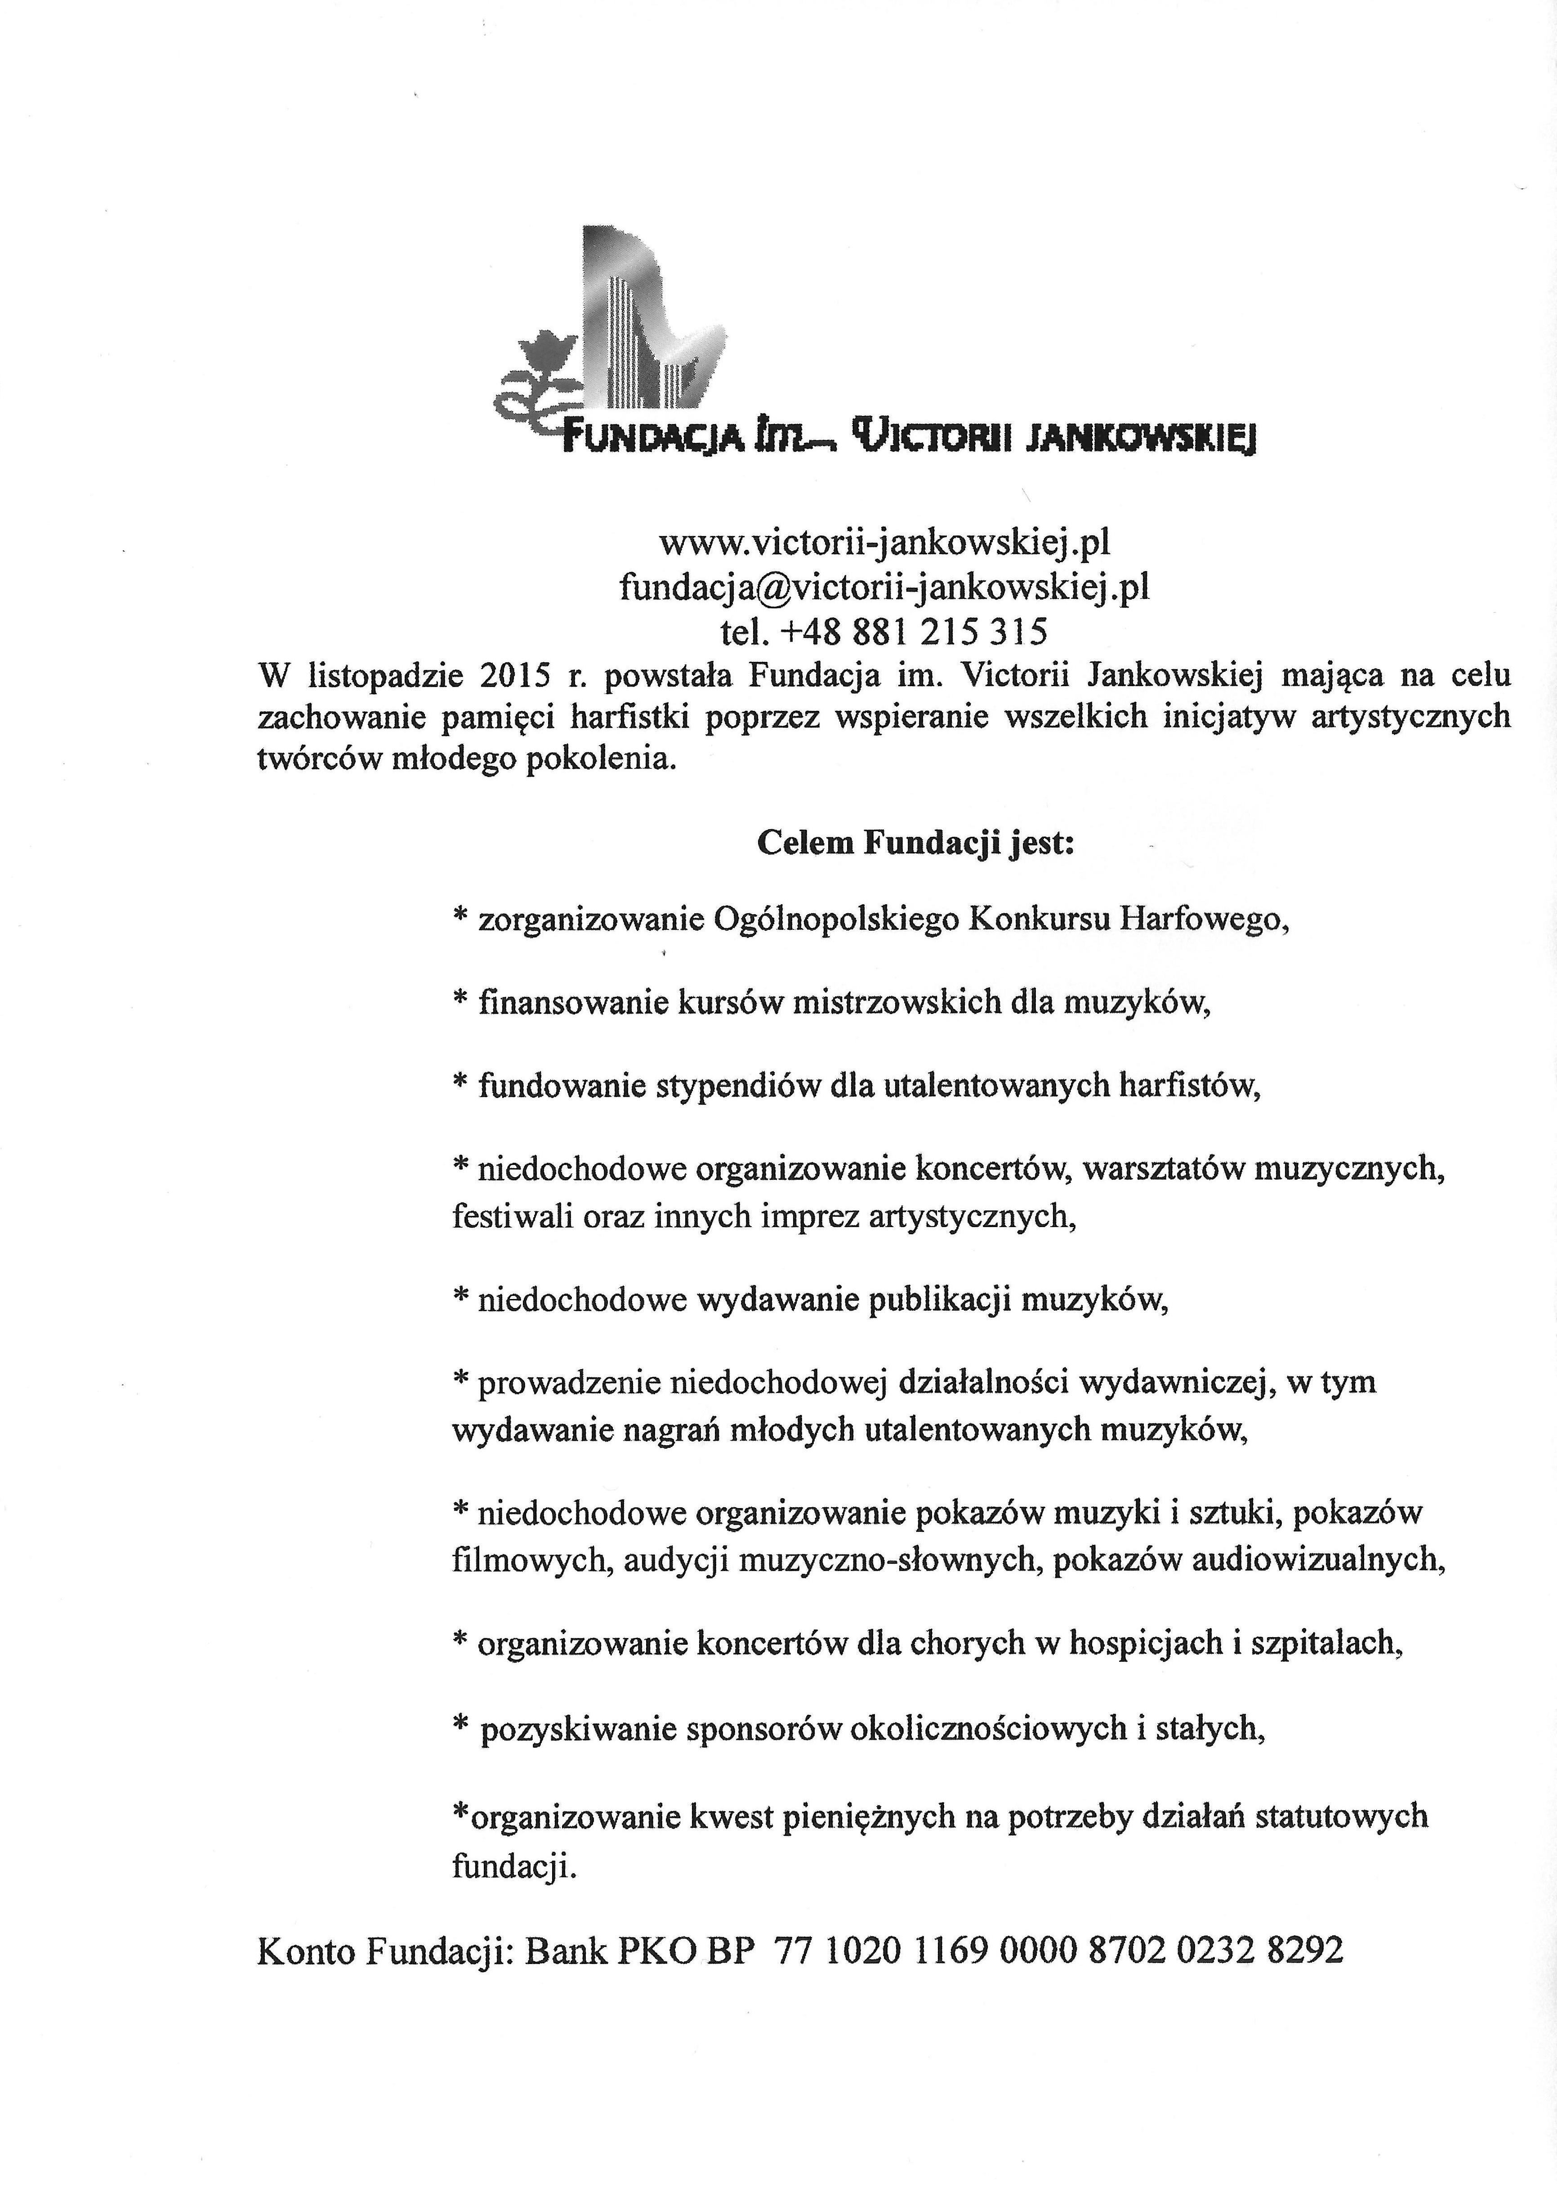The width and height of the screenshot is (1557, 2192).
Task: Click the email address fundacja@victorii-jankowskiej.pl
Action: click(x=884, y=586)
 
